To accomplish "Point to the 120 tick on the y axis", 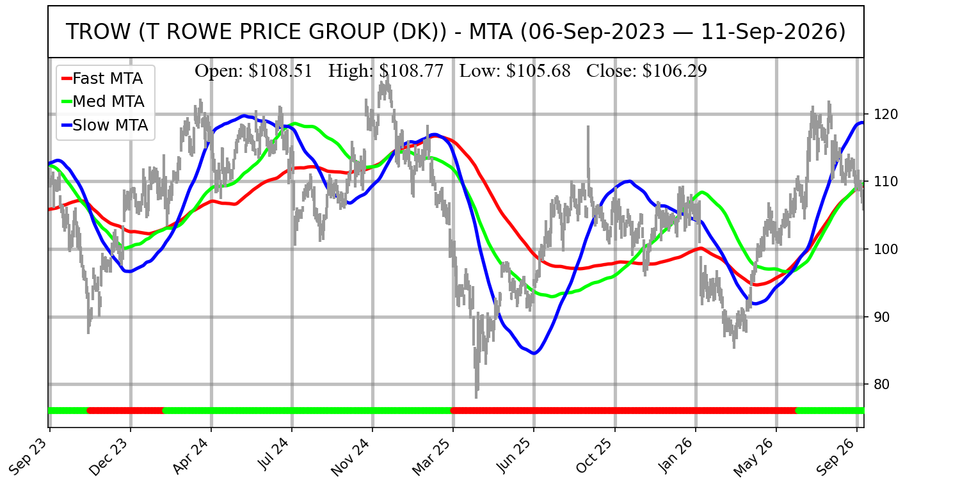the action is pos(886,115).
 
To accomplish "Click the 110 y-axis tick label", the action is pos(886,182).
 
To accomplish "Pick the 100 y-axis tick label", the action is pos(886,249).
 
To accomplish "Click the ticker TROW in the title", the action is pos(98,32).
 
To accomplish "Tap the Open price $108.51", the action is pos(280,70).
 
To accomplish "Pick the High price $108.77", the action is pos(412,70).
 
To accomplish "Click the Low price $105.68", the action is pos(538,70).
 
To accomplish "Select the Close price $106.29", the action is pos(675,70).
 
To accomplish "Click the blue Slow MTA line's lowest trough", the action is pos(534,353).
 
